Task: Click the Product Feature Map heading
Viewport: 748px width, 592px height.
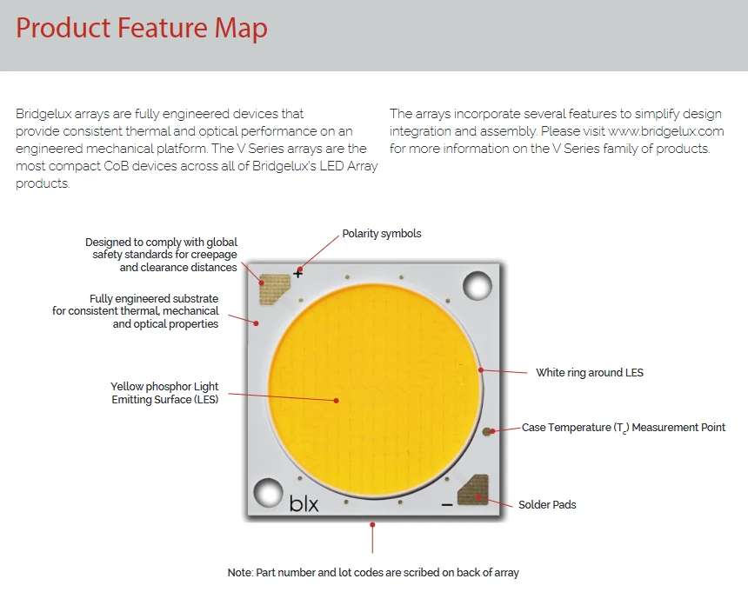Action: point(142,28)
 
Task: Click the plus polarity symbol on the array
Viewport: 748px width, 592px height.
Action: point(297,274)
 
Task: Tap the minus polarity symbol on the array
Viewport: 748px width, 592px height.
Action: point(446,504)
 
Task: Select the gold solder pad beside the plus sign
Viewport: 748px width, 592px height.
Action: point(275,289)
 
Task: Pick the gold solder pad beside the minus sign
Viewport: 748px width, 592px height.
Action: point(473,489)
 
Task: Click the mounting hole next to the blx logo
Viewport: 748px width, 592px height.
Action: point(268,492)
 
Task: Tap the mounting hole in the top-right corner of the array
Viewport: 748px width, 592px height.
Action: point(478,286)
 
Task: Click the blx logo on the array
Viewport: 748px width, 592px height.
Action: point(304,503)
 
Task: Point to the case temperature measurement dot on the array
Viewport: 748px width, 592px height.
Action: point(486,432)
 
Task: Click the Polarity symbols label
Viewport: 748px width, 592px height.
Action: point(382,234)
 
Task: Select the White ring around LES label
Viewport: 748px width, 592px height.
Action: point(590,373)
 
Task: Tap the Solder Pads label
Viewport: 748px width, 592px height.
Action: point(547,505)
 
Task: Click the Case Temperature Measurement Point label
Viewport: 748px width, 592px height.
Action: point(624,428)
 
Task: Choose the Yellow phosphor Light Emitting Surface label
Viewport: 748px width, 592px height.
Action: point(164,393)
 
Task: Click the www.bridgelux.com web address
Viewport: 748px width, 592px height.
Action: point(666,131)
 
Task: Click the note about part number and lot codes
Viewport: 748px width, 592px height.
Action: point(373,573)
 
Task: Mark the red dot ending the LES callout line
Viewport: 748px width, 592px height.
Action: point(337,401)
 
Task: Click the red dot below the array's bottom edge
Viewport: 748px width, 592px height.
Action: point(372,525)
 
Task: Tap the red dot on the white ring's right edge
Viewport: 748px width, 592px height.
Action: point(481,369)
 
